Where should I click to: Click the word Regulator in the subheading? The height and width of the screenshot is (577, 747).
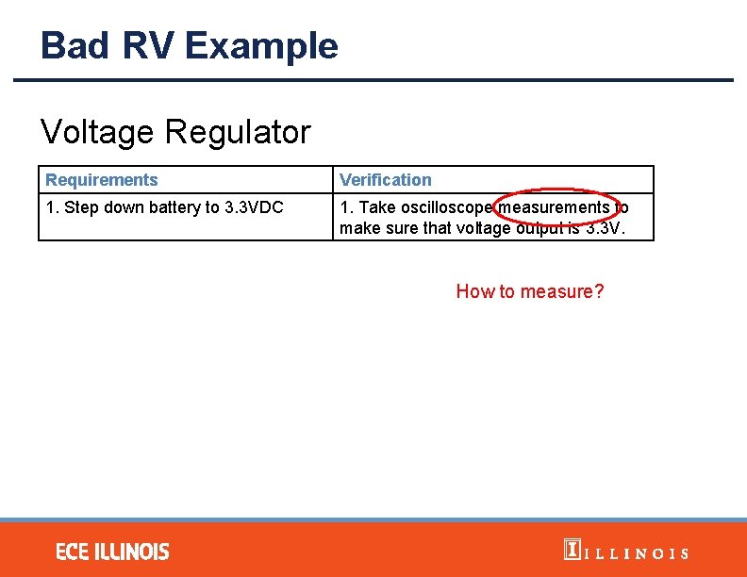pos(237,132)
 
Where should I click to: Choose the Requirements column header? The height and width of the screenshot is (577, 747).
pos(102,179)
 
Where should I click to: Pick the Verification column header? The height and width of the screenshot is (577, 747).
pos(385,179)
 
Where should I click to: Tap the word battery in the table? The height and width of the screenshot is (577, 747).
pos(165,206)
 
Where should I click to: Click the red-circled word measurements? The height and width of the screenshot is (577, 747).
pos(555,206)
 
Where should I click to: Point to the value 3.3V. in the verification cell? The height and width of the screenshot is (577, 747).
pos(605,228)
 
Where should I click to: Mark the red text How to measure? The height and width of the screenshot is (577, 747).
pos(530,291)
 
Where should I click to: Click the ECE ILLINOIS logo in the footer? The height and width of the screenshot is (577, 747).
pos(112,551)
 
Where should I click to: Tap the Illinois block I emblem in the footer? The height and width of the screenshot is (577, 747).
pos(571,551)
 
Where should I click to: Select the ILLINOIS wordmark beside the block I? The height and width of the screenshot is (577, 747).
pos(637,553)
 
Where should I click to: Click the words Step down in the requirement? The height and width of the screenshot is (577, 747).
pos(95,206)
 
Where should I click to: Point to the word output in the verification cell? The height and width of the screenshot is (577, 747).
pos(532,228)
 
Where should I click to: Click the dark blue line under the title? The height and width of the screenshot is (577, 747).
pos(373,80)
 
